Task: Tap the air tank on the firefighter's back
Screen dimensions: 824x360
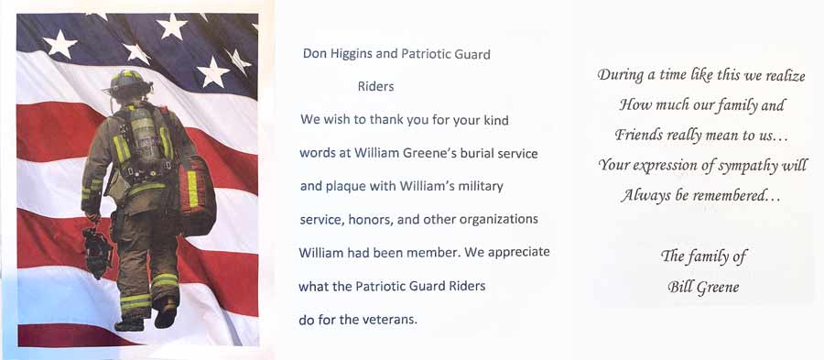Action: pyautogui.click(x=143, y=133)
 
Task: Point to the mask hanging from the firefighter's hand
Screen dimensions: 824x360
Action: pyautogui.click(x=97, y=252)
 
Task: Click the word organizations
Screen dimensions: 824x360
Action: pyautogui.click(x=498, y=219)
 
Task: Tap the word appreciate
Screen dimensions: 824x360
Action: pyautogui.click(x=519, y=253)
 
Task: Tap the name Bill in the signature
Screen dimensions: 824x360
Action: pyautogui.click(x=680, y=288)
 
